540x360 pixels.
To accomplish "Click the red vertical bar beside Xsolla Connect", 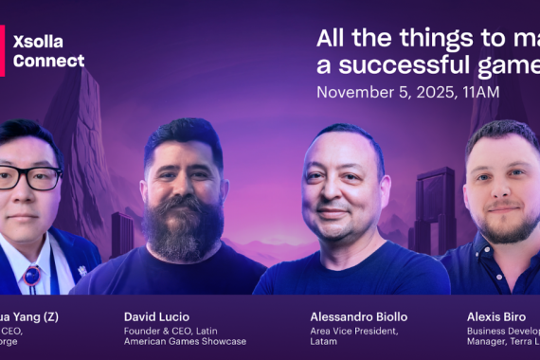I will coord(3,51).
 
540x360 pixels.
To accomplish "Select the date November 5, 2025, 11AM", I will coord(407,93).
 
